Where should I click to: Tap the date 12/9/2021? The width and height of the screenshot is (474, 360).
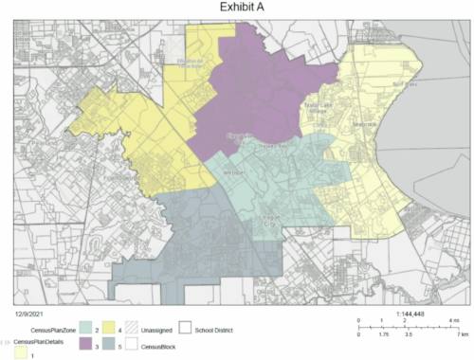31,312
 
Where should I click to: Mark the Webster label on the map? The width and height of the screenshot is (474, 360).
234,174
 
